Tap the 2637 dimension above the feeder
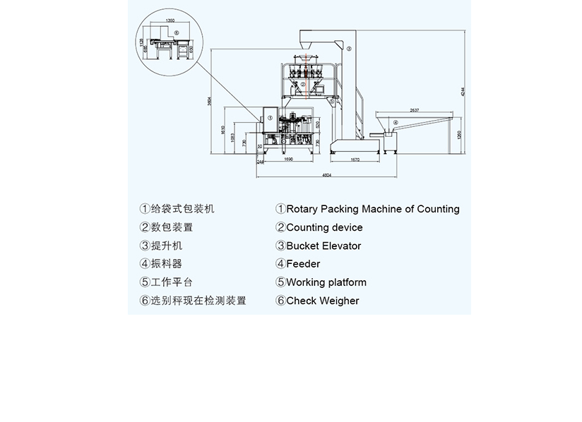[414, 110]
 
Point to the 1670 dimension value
[355, 160]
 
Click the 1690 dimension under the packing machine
[288, 160]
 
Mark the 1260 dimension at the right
[459, 135]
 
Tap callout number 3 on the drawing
[348, 49]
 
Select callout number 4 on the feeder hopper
[396, 123]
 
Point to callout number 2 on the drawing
[302, 84]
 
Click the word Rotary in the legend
[302, 209]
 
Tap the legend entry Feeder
[303, 264]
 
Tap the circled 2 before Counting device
[280, 227]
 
